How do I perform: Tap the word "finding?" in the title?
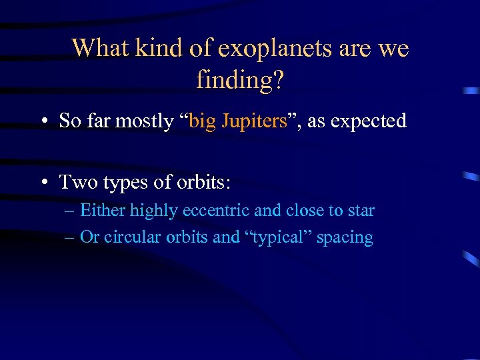240,81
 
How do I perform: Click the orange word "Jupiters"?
253,121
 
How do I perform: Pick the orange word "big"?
203,121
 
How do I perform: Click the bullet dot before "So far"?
43,122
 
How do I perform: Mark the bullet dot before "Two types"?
43,183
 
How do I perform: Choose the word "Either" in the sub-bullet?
103,211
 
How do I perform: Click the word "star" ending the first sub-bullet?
361,211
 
